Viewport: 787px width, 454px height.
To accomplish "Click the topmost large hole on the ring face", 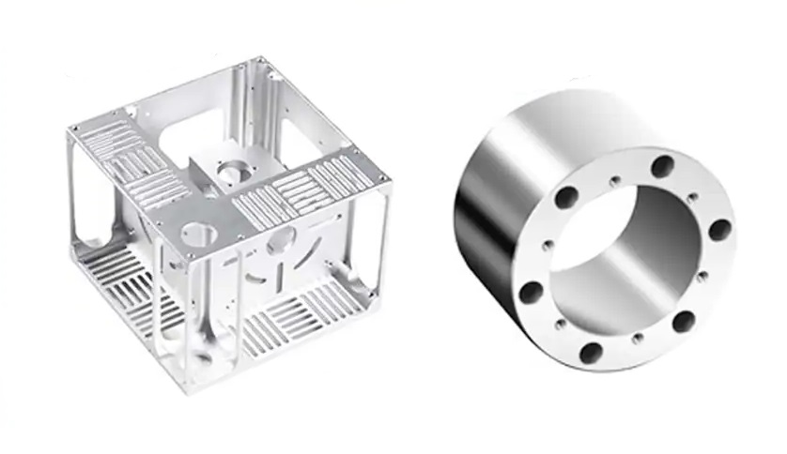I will click(x=663, y=167).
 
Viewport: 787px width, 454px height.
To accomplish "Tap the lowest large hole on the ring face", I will click(x=591, y=353).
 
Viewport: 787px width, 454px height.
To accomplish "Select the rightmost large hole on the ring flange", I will click(x=720, y=230).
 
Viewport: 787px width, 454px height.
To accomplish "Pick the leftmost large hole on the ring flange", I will click(x=530, y=289).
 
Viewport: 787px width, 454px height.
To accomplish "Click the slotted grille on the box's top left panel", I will click(x=131, y=155).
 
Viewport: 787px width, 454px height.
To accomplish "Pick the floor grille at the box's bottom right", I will click(x=301, y=319).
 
